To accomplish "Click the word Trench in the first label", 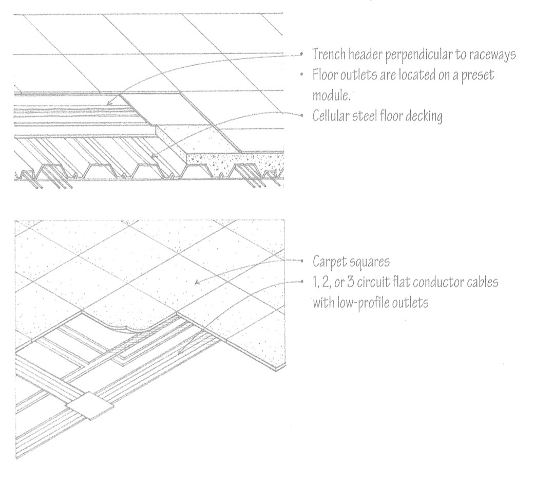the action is [x=329, y=55].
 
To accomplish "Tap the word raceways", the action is [x=492, y=55].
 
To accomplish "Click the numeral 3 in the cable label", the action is [x=349, y=282].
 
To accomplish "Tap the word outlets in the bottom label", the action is [x=411, y=302].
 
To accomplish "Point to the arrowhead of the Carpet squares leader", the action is [x=196, y=281].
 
